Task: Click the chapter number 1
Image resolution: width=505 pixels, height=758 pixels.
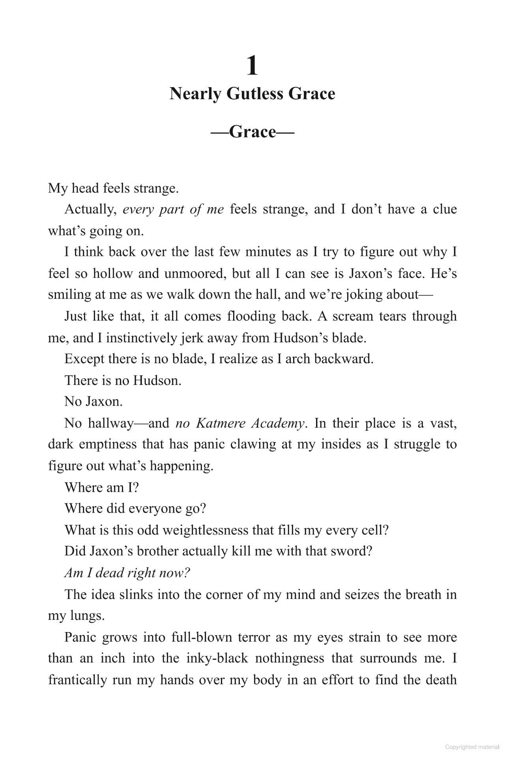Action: coord(252,66)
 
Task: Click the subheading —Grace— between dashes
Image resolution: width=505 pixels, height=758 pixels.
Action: coord(252,131)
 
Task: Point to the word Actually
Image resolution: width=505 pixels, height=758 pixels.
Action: coord(90,209)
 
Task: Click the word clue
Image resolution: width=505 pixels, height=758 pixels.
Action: coord(445,209)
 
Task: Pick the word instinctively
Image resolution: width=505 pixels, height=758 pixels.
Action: coord(144,338)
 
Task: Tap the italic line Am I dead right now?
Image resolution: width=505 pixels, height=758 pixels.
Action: coord(127,572)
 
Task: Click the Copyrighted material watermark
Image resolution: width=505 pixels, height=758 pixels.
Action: coord(472,747)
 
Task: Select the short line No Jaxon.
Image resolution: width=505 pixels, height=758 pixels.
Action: coord(94,402)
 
